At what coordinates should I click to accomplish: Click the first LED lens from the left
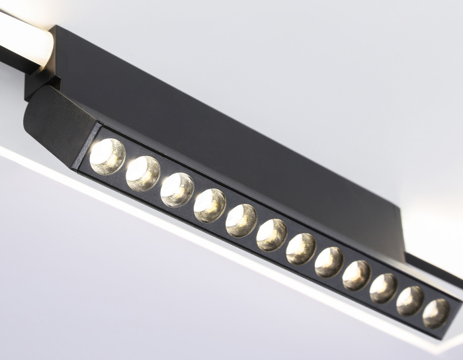[107, 156]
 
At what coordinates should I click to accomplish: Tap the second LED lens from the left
[143, 173]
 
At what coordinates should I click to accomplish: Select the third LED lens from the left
[177, 189]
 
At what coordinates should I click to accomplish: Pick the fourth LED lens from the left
[210, 205]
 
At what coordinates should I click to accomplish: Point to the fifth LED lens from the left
[241, 220]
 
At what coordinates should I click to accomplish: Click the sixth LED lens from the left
[272, 234]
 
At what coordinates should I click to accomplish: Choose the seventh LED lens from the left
[301, 248]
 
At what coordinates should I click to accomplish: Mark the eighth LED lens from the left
[329, 261]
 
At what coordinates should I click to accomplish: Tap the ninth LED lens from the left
[357, 275]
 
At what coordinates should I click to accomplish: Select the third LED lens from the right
[383, 288]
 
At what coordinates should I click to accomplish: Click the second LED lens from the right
[410, 300]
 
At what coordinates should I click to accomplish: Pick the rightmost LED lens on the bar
[436, 313]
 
